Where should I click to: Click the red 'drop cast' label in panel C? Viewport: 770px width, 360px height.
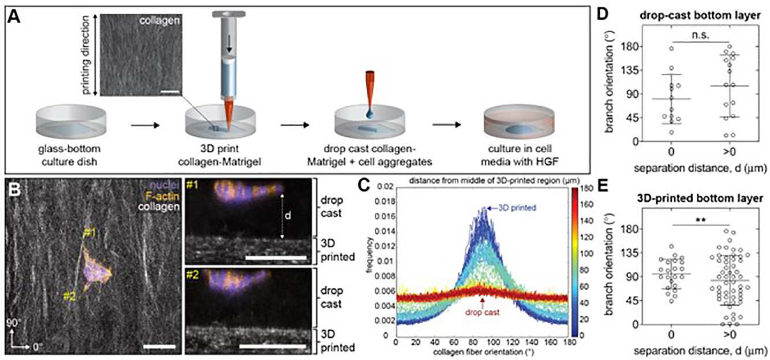click(x=481, y=316)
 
